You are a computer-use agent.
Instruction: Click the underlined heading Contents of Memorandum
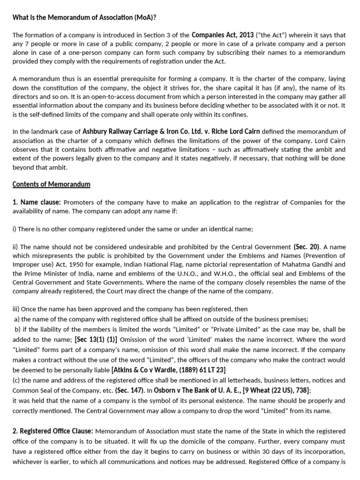[51, 184]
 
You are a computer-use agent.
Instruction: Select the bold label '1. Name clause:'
[37, 202]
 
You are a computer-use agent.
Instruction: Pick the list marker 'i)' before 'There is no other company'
[15, 229]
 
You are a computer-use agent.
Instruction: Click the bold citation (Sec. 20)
[307, 247]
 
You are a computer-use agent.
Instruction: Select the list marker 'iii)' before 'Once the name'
[16, 309]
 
